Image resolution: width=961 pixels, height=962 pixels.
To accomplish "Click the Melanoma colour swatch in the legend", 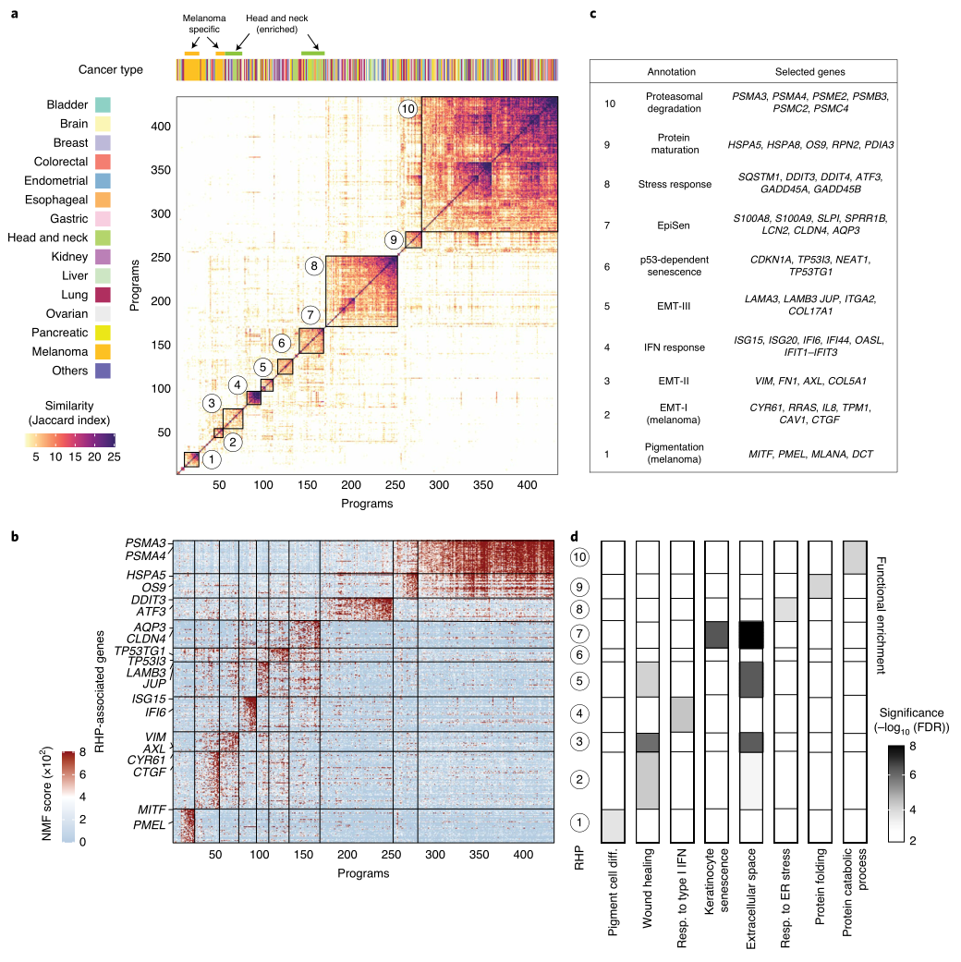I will click(x=103, y=351).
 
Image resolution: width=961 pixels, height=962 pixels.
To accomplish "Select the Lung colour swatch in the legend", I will click(x=103, y=295).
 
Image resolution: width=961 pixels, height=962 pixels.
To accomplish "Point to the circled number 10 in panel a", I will click(x=408, y=108).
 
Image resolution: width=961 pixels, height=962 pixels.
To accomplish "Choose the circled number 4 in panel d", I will click(x=579, y=714).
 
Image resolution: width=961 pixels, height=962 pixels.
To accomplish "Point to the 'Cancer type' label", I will click(x=110, y=70).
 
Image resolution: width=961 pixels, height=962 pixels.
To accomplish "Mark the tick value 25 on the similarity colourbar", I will click(x=113, y=457).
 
